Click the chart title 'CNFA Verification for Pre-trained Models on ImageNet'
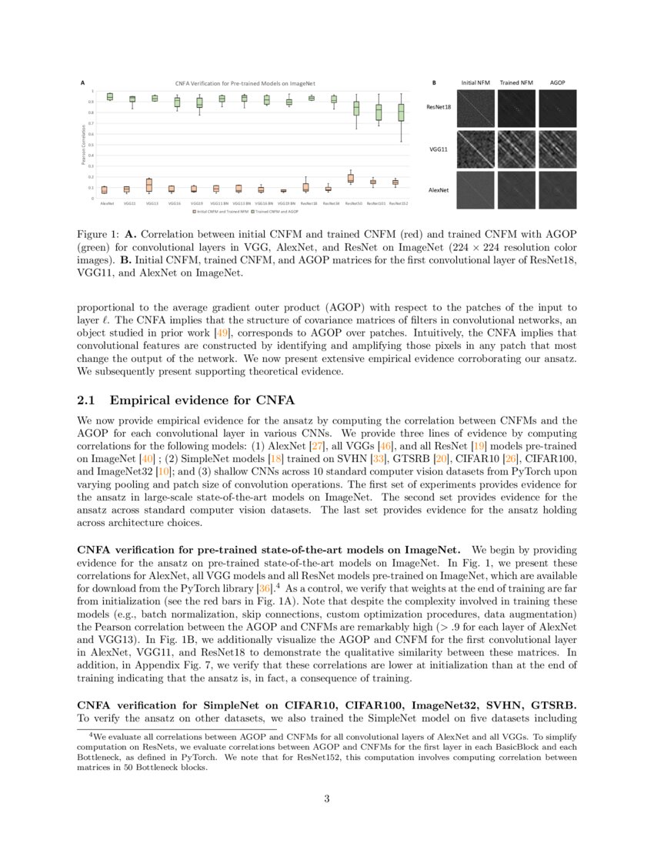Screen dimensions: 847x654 pos(245,82)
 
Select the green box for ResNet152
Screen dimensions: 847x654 pos(401,113)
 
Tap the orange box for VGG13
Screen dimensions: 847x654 pos(148,185)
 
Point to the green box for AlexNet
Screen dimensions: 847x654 pos(109,97)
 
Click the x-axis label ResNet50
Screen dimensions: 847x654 pos(354,203)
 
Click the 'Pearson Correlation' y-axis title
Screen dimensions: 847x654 pos(84,144)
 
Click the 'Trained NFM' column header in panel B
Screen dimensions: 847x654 pos(516,82)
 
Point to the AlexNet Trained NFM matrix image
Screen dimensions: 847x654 pos(516,189)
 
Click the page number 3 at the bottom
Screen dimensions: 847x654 pos(327,798)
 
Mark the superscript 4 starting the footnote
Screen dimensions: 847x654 pos(92,734)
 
